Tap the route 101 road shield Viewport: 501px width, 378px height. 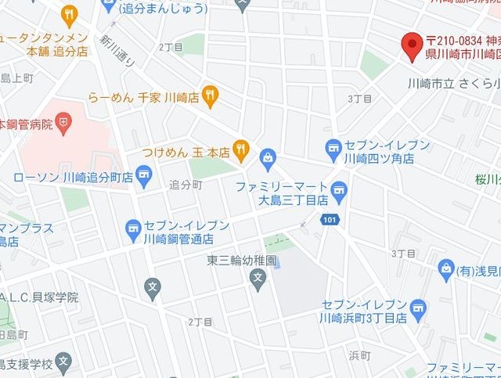(330, 221)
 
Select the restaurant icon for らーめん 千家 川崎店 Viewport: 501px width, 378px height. (209, 95)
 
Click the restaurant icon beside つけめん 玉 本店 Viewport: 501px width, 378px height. (242, 147)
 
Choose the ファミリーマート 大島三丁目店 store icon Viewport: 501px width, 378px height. (339, 189)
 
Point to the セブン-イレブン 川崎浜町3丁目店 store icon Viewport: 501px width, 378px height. (419, 308)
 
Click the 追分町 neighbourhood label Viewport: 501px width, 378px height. (186, 185)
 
